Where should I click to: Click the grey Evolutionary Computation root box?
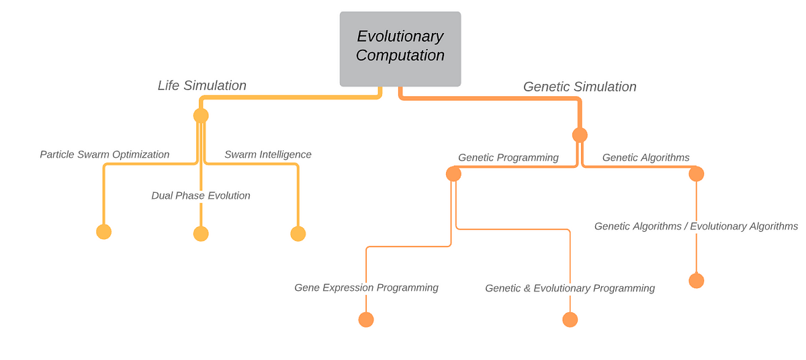coord(400,49)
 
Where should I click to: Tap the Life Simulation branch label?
coord(202,85)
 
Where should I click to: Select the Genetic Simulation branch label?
coord(580,87)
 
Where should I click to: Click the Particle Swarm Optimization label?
coord(104,154)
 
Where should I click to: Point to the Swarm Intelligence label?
coord(268,154)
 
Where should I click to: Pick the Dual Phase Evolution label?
coord(201,195)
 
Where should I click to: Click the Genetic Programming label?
coord(508,158)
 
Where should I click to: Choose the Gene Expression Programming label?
coord(366,287)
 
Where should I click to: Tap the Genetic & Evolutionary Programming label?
coord(570,288)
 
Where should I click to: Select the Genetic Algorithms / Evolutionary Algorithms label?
coord(696,226)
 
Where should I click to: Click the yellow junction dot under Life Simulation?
coord(201,116)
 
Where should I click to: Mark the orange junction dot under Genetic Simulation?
coord(580,135)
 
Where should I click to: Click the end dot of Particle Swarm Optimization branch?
coord(103,232)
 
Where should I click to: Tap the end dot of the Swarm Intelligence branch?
coord(298,234)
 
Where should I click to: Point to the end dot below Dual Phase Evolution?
coord(201,234)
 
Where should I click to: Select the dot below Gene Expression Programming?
coord(366,320)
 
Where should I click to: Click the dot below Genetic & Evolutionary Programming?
coord(570,320)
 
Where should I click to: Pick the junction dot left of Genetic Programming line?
coord(453,174)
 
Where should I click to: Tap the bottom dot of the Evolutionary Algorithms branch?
coord(697,281)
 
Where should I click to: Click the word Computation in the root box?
coord(400,55)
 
